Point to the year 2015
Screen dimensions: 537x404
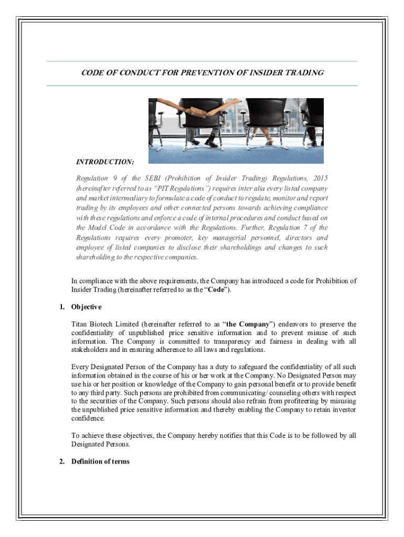[318, 178]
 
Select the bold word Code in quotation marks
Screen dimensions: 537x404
[217, 289]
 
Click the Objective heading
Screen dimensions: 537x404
[87, 307]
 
